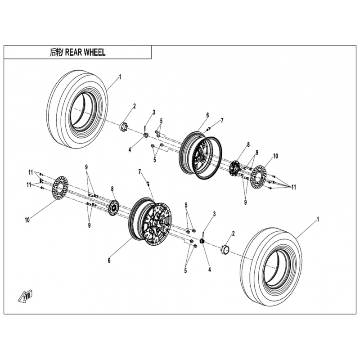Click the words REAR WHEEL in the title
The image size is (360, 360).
click(85, 52)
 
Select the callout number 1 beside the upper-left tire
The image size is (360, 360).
click(120, 77)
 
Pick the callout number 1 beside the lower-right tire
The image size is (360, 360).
click(319, 219)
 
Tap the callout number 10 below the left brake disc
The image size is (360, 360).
click(27, 220)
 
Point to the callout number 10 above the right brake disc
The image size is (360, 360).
click(275, 156)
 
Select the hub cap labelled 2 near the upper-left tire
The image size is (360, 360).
click(124, 126)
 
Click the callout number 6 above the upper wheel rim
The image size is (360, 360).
click(208, 116)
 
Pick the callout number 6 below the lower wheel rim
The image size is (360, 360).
click(109, 260)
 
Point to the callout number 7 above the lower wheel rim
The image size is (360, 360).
click(140, 171)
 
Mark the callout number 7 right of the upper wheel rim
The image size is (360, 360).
click(221, 121)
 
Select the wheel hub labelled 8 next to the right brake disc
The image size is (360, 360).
click(234, 169)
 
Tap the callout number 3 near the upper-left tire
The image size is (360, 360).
click(153, 112)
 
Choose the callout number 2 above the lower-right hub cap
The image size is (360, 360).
click(233, 233)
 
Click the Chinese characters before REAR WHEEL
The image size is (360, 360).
click(56, 52)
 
